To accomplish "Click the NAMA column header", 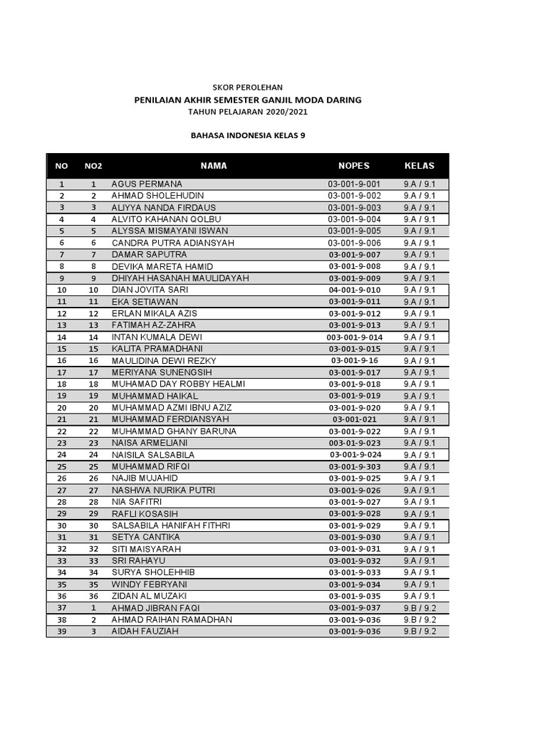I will [x=214, y=166].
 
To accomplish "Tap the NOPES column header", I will [x=354, y=166].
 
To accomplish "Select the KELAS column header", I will [x=420, y=166].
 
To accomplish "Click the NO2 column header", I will [x=93, y=166].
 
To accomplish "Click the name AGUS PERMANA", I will [x=147, y=184].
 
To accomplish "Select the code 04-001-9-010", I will [x=354, y=290].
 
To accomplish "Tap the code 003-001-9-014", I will [x=354, y=337].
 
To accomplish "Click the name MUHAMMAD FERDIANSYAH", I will [x=168, y=419].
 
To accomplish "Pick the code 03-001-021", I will [x=354, y=419].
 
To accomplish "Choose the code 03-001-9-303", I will [x=354, y=466].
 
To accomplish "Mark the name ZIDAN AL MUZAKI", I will [x=149, y=596].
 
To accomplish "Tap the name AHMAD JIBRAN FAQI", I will [x=155, y=608].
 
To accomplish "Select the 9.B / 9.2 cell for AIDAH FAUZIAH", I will [x=420, y=631].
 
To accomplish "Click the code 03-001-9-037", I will [x=354, y=608].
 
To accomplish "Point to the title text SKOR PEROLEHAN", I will [x=248, y=86].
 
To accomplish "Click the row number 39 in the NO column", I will [x=62, y=631].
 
